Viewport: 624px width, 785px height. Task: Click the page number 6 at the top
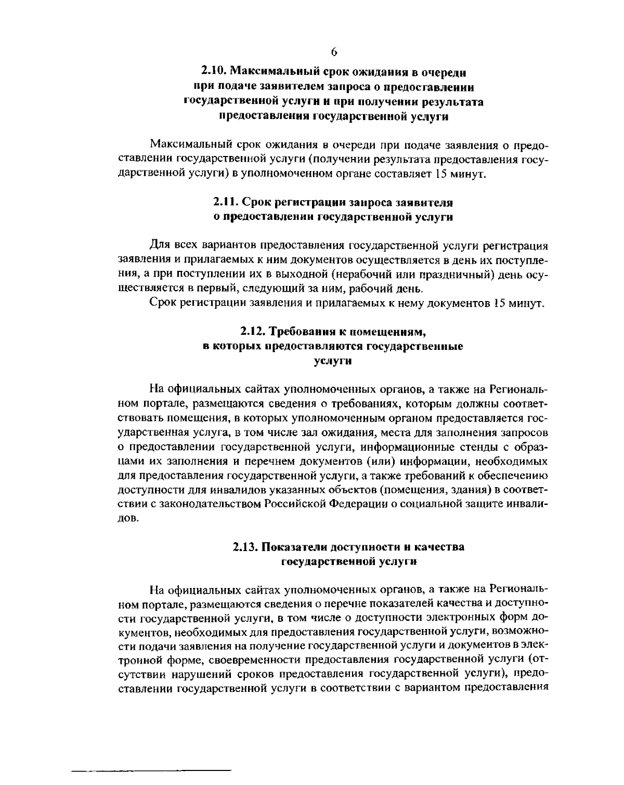334,51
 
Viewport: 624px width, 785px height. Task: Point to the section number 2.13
244,546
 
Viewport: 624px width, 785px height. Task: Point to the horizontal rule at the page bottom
151,768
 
